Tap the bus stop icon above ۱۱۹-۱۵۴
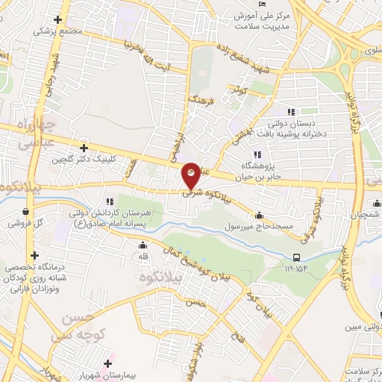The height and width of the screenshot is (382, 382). (x=297, y=258)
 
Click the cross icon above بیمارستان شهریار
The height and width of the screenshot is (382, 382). (x=109, y=364)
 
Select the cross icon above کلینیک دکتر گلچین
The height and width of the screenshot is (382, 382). (x=84, y=148)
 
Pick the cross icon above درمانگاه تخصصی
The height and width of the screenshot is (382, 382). (x=34, y=255)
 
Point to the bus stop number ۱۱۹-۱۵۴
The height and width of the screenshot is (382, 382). (x=297, y=267)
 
